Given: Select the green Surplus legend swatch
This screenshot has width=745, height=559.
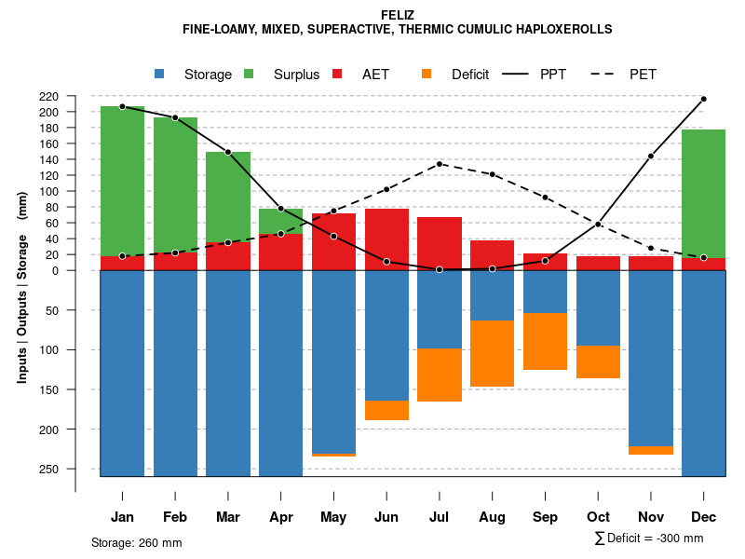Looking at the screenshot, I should click(x=249, y=75).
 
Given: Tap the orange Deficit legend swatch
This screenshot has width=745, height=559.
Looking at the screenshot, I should click(x=427, y=75).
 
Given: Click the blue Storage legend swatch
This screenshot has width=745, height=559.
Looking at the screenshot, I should click(x=160, y=75).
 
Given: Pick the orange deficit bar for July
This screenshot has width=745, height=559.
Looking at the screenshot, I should click(x=440, y=375).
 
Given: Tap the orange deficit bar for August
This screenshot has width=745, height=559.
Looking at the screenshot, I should click(x=492, y=353).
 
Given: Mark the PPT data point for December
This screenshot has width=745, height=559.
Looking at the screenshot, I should click(x=703, y=99).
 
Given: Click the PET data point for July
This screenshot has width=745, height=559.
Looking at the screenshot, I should click(x=440, y=164).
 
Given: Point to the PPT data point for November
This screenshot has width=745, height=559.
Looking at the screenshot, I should click(x=651, y=156).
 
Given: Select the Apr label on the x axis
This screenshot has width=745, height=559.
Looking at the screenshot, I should click(x=281, y=517).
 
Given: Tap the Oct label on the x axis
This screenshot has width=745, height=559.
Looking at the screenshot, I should click(x=598, y=517).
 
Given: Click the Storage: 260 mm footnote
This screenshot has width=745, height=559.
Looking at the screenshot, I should click(x=136, y=542).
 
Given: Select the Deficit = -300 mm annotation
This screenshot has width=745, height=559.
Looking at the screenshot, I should click(x=649, y=539).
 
